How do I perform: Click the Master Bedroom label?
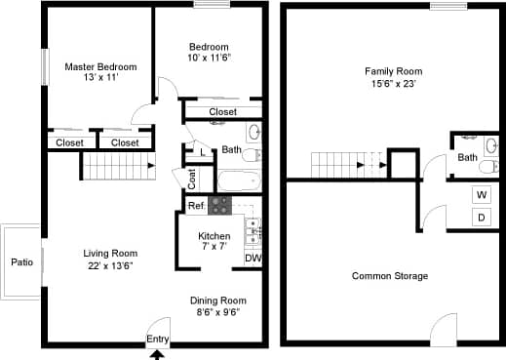pos(100,67)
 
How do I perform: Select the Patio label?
pos(21,262)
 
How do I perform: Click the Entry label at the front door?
pos(157,339)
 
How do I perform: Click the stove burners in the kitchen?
pos(220,205)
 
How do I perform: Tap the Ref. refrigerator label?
pos(196,206)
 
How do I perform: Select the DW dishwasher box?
pos(253,258)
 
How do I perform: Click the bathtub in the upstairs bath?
pos(237,180)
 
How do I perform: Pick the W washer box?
pos(482,194)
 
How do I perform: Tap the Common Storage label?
pos(390,276)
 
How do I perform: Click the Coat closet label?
pos(192,179)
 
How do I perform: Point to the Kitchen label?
pos(214,236)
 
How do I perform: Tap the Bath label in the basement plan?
pos(468,157)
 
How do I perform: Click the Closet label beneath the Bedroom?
pos(223,112)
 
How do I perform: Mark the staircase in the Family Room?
pos(348,165)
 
